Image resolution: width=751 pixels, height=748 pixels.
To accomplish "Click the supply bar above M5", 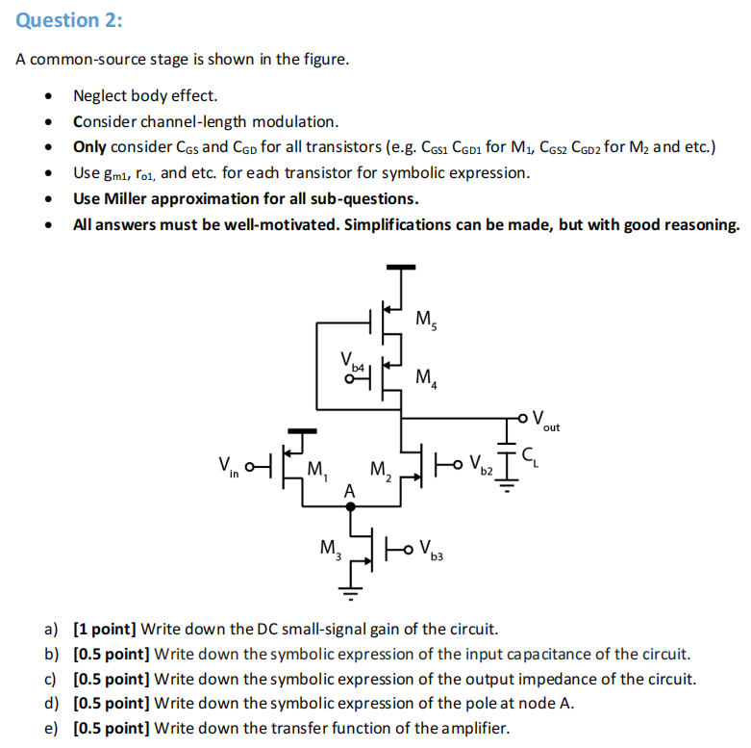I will pos(401,267).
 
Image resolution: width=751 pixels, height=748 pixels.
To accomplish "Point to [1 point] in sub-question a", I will pos(105,630).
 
